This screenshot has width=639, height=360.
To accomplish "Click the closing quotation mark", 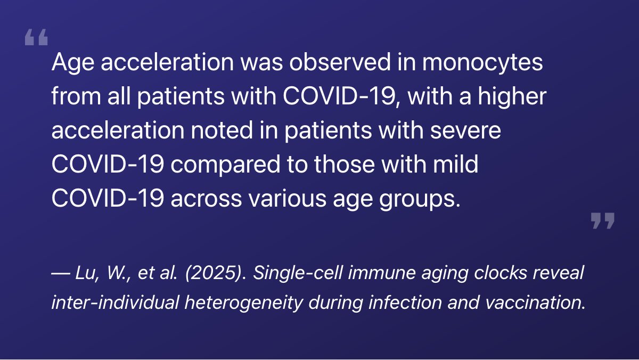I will [x=603, y=220].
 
